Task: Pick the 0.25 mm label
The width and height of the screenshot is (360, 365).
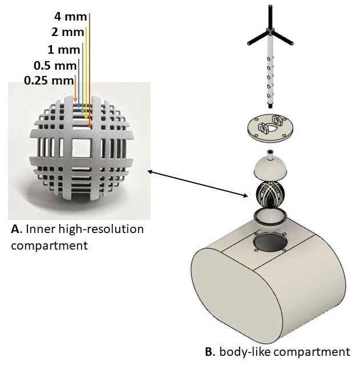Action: click(49, 81)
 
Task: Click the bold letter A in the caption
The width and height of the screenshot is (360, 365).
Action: click(15, 230)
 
